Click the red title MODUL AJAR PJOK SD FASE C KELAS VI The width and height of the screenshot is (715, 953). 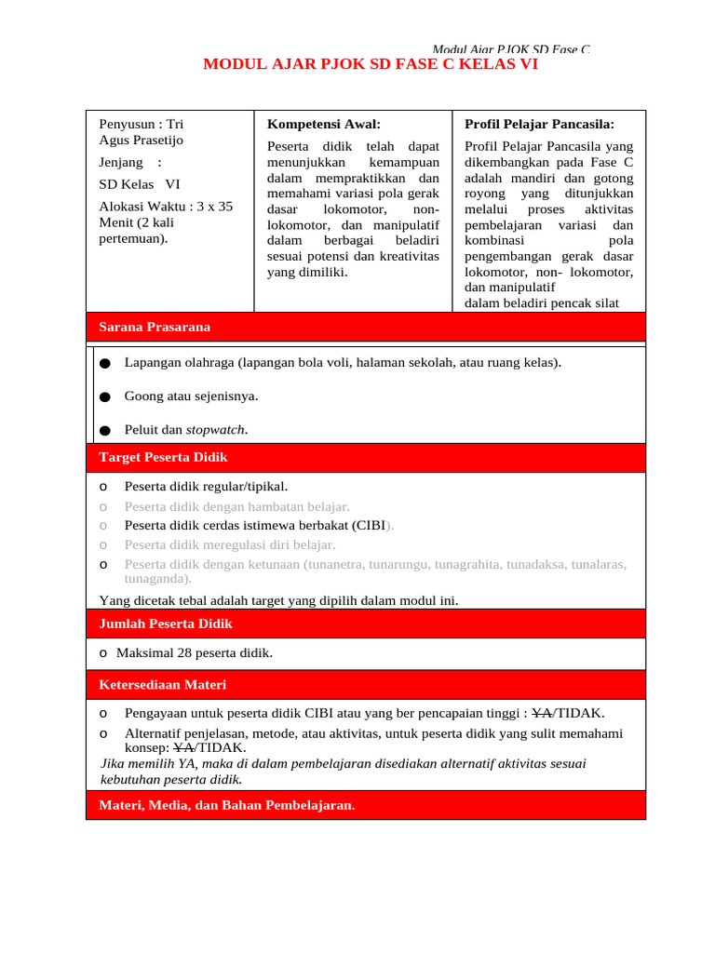[371, 65]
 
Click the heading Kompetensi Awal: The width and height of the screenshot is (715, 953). [323, 124]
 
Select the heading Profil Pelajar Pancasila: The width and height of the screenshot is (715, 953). [539, 124]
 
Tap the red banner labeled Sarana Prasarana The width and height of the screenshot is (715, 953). [155, 327]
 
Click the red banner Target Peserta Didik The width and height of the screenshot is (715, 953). [163, 457]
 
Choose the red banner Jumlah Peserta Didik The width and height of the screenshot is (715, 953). [166, 624]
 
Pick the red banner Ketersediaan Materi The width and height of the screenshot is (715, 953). [162, 684]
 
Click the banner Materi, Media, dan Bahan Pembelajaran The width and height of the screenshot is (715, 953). [226, 805]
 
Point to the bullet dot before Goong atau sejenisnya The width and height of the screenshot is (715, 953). [104, 396]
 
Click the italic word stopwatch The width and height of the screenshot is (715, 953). [216, 429]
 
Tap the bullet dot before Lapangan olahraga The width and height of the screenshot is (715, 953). [104, 363]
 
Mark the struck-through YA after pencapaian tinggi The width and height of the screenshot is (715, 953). [541, 713]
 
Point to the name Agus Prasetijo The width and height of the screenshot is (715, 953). [141, 141]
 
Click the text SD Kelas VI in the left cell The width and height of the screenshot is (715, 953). [139, 183]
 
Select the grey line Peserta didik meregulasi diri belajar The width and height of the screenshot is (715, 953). [230, 544]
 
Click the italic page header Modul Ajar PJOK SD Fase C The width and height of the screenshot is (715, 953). [511, 49]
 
